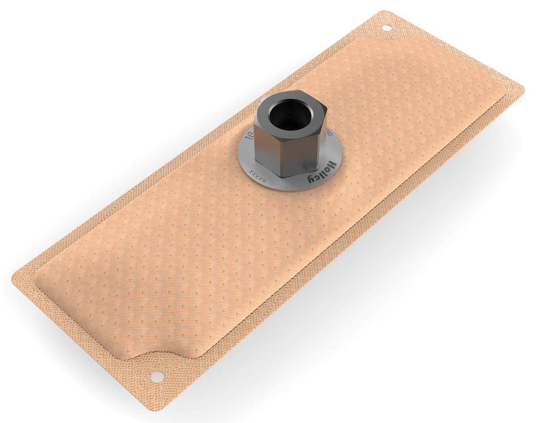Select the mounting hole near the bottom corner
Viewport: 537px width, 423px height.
pyautogui.click(x=157, y=377)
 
